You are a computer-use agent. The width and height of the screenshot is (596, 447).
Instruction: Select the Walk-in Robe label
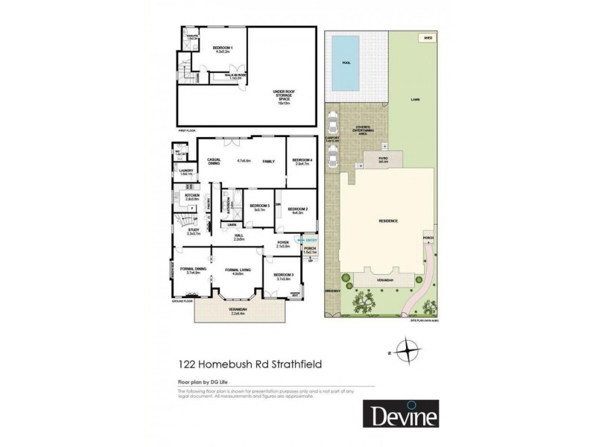pyautogui.click(x=238, y=74)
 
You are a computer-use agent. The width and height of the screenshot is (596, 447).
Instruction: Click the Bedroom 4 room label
pyautogui.click(x=302, y=161)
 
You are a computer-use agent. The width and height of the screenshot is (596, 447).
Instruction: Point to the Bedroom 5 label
pyautogui.click(x=259, y=206)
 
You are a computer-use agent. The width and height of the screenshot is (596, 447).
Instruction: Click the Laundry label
pyautogui.click(x=186, y=172)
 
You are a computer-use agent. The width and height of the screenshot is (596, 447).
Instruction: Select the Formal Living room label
pyautogui.click(x=238, y=271)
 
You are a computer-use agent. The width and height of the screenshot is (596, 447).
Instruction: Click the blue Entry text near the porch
pyautogui.click(x=311, y=241)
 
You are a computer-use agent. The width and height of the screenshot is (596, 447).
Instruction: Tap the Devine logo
pyautogui.click(x=400, y=413)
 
